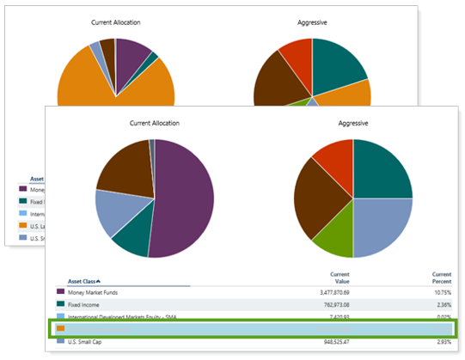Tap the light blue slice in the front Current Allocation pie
(x=114, y=211)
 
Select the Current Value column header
(x=339, y=278)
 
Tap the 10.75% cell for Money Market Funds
(x=440, y=292)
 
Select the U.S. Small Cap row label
(x=86, y=341)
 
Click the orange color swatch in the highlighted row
(x=62, y=328)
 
